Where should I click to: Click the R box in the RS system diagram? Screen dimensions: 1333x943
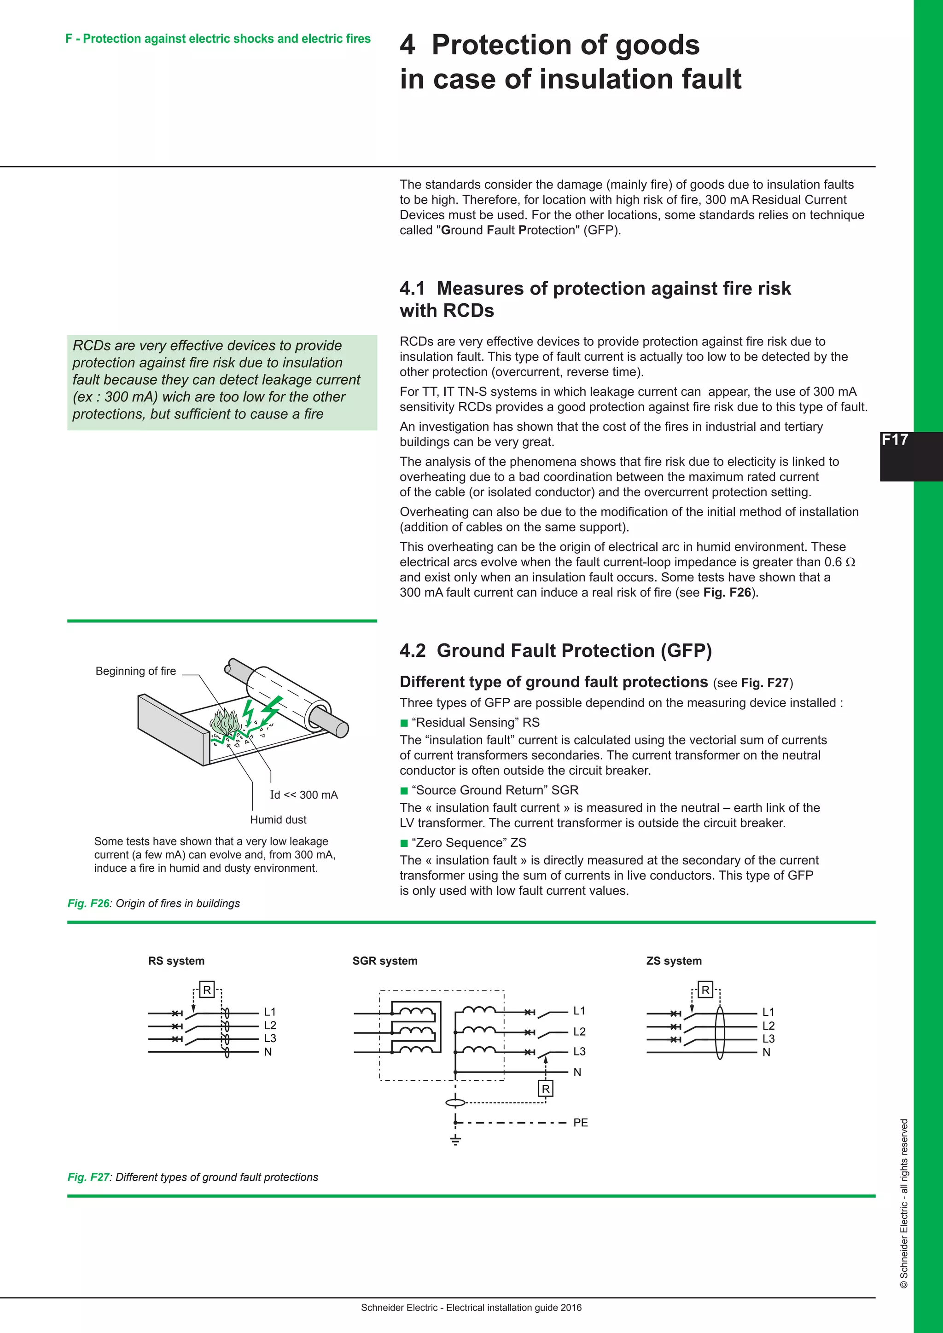(207, 989)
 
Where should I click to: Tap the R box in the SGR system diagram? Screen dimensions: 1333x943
(545, 1089)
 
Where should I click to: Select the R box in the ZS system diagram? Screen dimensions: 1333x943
(705, 989)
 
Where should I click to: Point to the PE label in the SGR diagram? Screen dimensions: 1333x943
(580, 1122)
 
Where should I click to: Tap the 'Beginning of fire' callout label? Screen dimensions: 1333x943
(135, 671)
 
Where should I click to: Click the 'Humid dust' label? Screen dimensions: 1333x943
(278, 819)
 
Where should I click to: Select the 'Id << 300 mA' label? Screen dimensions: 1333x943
(304, 794)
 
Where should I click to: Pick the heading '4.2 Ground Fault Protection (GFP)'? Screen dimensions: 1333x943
(555, 650)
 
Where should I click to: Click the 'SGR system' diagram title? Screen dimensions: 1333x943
(384, 960)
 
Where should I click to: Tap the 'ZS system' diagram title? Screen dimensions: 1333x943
(674, 960)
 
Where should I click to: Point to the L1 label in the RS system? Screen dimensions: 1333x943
(269, 1011)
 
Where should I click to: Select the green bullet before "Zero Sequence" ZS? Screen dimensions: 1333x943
(404, 842)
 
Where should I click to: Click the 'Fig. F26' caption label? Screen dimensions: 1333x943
(88, 904)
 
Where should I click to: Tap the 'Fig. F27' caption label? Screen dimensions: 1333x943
(88, 1177)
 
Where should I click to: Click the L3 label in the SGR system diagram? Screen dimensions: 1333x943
(579, 1051)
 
